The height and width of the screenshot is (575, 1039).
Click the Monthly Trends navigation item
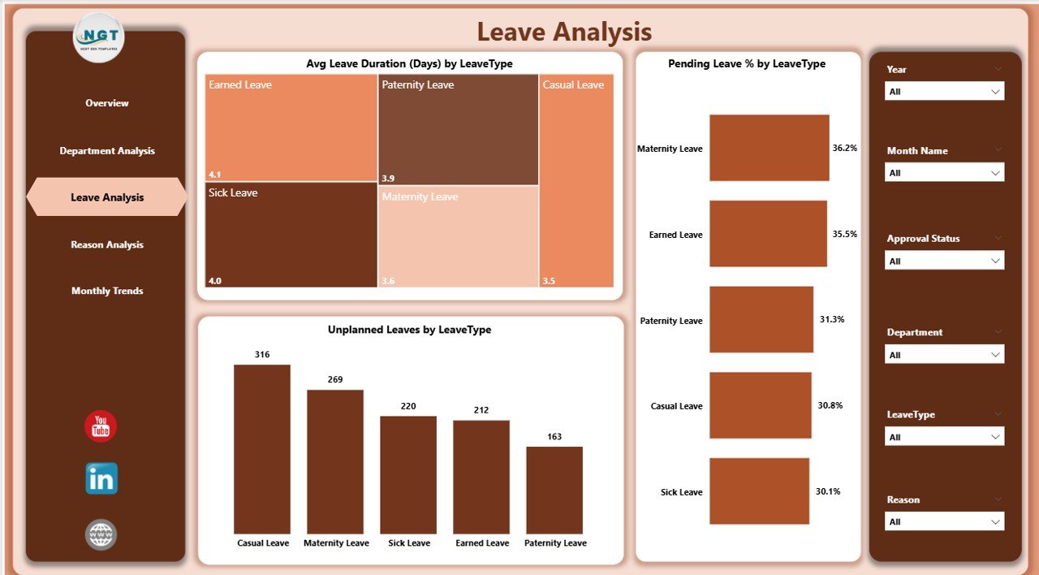(107, 291)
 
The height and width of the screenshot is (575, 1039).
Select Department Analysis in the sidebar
(107, 151)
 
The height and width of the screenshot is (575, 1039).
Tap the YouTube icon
(101, 426)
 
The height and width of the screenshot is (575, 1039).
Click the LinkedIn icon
(101, 478)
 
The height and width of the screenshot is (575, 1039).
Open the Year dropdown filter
(944, 92)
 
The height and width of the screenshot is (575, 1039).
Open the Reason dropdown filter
(944, 521)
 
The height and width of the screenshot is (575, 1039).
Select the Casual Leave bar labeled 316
(262, 448)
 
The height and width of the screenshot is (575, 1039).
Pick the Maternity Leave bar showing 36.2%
(769, 148)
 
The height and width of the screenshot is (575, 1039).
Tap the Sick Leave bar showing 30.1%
(759, 491)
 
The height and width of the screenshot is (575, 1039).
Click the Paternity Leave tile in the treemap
(458, 130)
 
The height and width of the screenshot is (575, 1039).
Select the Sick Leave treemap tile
(291, 236)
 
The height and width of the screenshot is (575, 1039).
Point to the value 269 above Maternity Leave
(335, 379)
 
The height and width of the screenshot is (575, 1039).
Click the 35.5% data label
(844, 234)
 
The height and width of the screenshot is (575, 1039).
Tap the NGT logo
(99, 37)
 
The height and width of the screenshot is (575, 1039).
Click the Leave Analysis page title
(564, 32)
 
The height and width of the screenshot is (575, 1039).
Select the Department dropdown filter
(944, 355)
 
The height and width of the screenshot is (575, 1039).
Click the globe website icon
(101, 534)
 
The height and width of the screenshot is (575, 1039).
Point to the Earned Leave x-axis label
(481, 543)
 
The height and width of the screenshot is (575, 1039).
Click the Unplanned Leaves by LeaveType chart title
(409, 330)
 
